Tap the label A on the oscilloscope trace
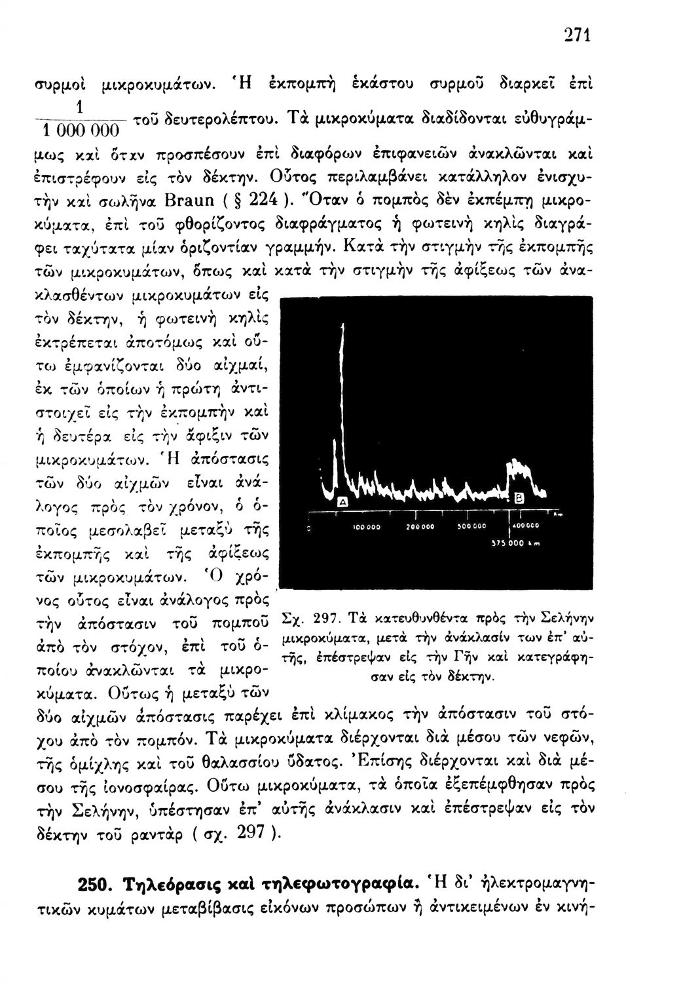tap(341, 501)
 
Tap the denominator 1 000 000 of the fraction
tap(69, 130)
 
